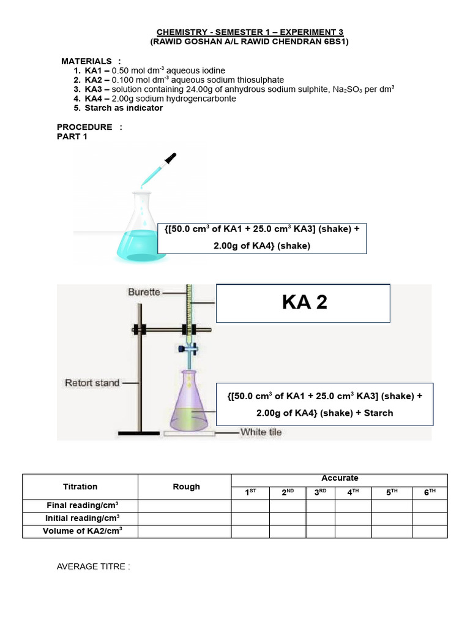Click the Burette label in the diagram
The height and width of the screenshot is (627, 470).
coord(144,292)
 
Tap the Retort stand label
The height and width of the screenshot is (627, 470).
coord(92,383)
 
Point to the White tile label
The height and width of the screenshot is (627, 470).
coord(261,432)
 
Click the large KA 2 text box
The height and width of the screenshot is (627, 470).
coord(303,302)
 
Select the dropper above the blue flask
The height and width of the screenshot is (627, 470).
coord(160,170)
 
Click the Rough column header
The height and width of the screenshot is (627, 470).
coord(186,487)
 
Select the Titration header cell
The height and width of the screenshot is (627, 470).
coord(80,487)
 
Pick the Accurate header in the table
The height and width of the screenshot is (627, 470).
coord(340,478)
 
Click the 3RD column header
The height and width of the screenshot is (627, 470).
coord(321,493)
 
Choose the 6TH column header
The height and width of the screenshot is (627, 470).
coord(429,493)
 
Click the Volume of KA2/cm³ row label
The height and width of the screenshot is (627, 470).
coord(82,531)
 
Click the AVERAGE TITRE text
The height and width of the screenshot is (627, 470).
coord(94,566)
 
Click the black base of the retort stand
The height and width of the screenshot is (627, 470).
coord(139,434)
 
